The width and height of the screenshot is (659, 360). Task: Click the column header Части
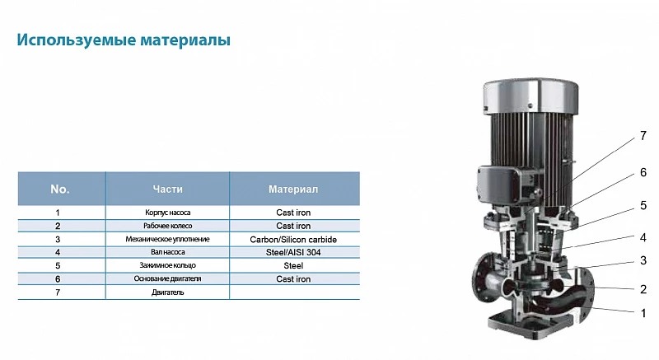[x=168, y=189]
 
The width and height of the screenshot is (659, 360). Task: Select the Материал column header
[x=293, y=189]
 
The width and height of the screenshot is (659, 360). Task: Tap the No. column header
[x=59, y=189]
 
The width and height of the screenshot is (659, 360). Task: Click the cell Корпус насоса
[x=168, y=213]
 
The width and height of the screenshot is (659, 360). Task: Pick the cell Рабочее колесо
[x=168, y=226]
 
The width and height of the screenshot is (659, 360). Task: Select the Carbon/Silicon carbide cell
[x=293, y=240]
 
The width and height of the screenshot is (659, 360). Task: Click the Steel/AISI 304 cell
[x=293, y=252]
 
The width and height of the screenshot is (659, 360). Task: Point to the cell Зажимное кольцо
[x=168, y=265]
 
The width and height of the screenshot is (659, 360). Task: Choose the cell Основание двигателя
[x=168, y=279]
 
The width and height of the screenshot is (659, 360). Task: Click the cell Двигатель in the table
[x=168, y=292]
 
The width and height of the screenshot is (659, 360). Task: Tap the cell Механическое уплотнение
[x=168, y=240]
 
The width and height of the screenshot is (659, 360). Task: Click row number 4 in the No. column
[x=58, y=252]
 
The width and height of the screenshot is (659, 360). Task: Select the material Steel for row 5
[x=293, y=265]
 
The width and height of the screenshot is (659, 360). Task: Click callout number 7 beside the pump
[x=643, y=136]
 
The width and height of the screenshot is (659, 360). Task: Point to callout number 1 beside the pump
[x=643, y=313]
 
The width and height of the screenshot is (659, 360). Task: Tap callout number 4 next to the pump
[x=643, y=238]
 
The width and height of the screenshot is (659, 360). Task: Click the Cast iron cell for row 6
[x=293, y=279]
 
